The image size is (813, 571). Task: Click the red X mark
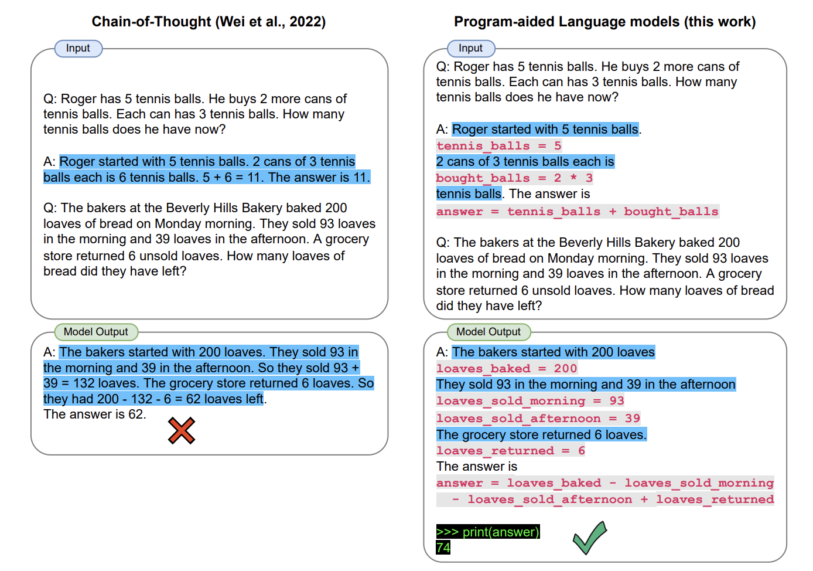pos(182,431)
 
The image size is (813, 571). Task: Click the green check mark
pos(589,538)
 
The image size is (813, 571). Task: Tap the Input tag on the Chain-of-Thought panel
pos(78,48)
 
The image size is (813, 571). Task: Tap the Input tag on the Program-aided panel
pos(470,48)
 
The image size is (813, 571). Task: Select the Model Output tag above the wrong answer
pos(95,332)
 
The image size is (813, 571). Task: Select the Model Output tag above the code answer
pos(488,332)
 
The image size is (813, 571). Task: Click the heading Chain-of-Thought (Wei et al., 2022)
pos(209,22)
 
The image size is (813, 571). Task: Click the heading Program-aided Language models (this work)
pos(604,22)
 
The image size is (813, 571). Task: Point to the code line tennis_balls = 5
pos(498,145)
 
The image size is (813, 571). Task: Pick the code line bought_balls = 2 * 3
pos(514,178)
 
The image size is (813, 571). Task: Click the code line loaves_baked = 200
pos(507,368)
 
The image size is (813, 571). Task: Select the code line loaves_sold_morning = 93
pos(530,400)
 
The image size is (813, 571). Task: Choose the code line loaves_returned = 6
pos(510,450)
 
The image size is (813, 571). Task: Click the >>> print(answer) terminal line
pos(487,532)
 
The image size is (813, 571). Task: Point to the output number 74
pos(443,548)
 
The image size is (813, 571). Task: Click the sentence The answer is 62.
pos(95,414)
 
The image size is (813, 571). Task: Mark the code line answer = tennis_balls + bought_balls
pos(577,211)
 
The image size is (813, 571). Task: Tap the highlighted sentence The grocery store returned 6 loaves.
pos(541,434)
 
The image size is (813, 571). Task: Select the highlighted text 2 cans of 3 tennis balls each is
pos(525,162)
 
